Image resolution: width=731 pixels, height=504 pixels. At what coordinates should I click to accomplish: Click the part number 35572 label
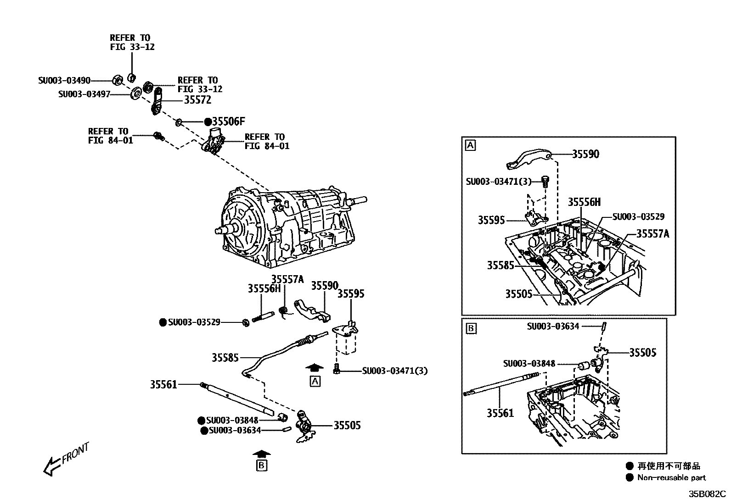coord(197,100)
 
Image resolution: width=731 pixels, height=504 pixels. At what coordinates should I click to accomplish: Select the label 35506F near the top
coord(228,122)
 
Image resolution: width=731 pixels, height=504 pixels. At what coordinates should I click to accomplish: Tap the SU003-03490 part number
coord(64,81)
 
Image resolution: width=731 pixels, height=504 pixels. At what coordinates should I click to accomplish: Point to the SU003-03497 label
coord(84,94)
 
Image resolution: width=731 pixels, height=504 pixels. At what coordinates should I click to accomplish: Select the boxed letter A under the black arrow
coord(315,381)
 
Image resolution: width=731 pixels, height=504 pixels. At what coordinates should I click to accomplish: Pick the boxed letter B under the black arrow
coord(262,465)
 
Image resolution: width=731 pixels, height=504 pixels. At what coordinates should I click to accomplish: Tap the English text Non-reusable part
coord(671,478)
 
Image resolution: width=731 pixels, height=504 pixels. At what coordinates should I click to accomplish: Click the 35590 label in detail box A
coord(585,154)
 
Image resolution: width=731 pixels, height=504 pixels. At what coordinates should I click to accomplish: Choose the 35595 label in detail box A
coord(491,220)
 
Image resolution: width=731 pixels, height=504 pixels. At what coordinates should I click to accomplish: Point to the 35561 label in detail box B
coord(500,413)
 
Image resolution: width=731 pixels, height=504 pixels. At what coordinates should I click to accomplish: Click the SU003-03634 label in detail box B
coord(553,327)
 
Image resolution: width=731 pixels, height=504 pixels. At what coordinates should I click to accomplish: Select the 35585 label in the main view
coord(225,357)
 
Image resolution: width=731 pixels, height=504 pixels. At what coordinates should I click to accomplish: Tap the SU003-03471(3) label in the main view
coord(394,371)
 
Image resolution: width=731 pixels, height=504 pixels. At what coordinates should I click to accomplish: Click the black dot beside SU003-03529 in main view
coord(163,322)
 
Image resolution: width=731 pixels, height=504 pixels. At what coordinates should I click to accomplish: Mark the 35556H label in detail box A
coord(584,202)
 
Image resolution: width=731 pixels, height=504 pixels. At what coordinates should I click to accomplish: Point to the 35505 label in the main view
coord(347,425)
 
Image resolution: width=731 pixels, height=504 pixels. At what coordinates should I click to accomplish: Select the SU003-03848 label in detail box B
coord(529,364)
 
